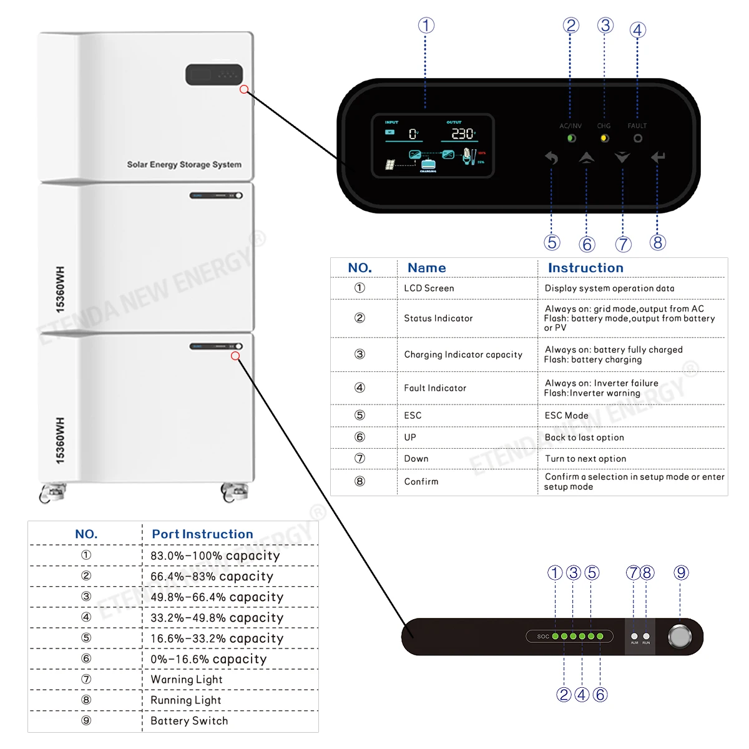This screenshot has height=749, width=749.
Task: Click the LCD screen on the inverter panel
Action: (x=433, y=146)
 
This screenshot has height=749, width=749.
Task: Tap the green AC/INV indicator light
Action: (x=571, y=139)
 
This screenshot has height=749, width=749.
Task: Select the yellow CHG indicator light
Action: (x=604, y=139)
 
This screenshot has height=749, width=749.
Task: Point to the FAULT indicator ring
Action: (x=637, y=139)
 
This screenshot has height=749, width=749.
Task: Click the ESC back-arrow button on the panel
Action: (x=551, y=158)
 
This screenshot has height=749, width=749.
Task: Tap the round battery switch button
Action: (x=680, y=637)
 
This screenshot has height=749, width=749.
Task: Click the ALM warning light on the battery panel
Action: (x=634, y=636)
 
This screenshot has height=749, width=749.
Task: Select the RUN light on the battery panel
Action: (x=646, y=636)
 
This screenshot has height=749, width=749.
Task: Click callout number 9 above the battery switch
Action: (x=681, y=572)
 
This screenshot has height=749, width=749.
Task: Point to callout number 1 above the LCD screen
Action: (x=426, y=26)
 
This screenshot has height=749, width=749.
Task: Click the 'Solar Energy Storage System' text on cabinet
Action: (x=184, y=165)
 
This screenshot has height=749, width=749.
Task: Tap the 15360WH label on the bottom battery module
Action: (x=60, y=441)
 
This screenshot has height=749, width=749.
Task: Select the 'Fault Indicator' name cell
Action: (x=435, y=388)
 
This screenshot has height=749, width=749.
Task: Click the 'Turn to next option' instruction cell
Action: (x=585, y=459)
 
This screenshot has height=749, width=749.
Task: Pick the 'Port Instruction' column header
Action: (x=202, y=534)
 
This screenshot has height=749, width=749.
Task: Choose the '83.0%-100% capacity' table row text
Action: (x=215, y=556)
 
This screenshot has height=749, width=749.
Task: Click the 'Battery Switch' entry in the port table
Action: (x=189, y=721)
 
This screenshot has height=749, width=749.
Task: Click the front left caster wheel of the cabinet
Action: (x=52, y=493)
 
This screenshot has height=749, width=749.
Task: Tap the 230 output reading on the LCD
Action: (x=463, y=134)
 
